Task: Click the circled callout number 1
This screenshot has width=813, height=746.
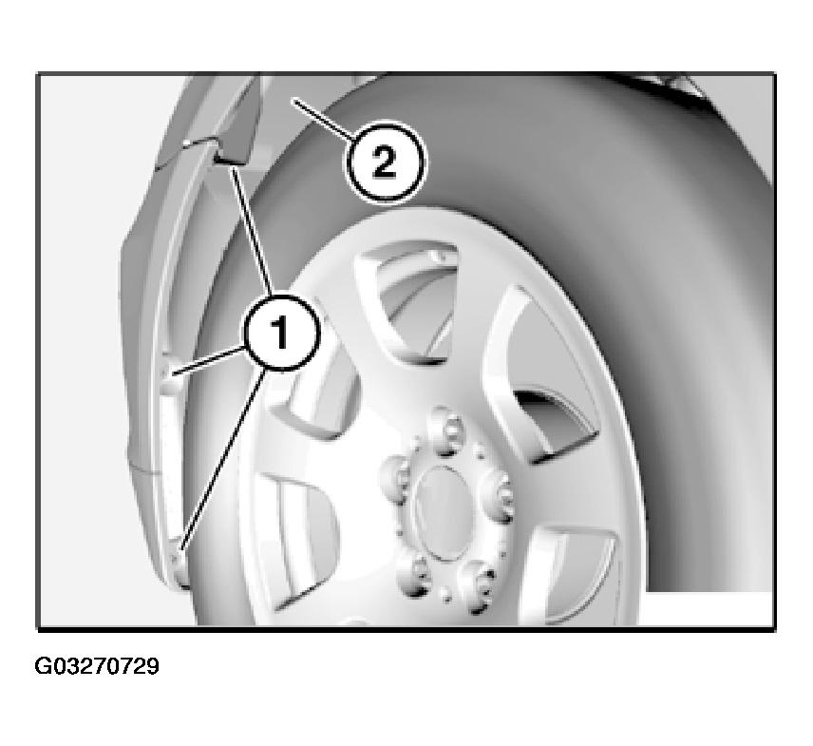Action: pyautogui.click(x=281, y=333)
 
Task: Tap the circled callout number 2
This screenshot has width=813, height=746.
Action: pyautogui.click(x=385, y=162)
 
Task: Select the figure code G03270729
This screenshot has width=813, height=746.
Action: pyautogui.click(x=97, y=666)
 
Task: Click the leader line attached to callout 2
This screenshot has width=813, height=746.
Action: pyautogui.click(x=324, y=120)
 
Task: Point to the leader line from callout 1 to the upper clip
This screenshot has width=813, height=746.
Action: pyautogui.click(x=251, y=231)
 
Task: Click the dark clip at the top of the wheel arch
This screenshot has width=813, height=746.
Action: pyautogui.click(x=233, y=149)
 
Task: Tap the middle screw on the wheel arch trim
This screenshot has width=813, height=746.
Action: pyautogui.click(x=167, y=372)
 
